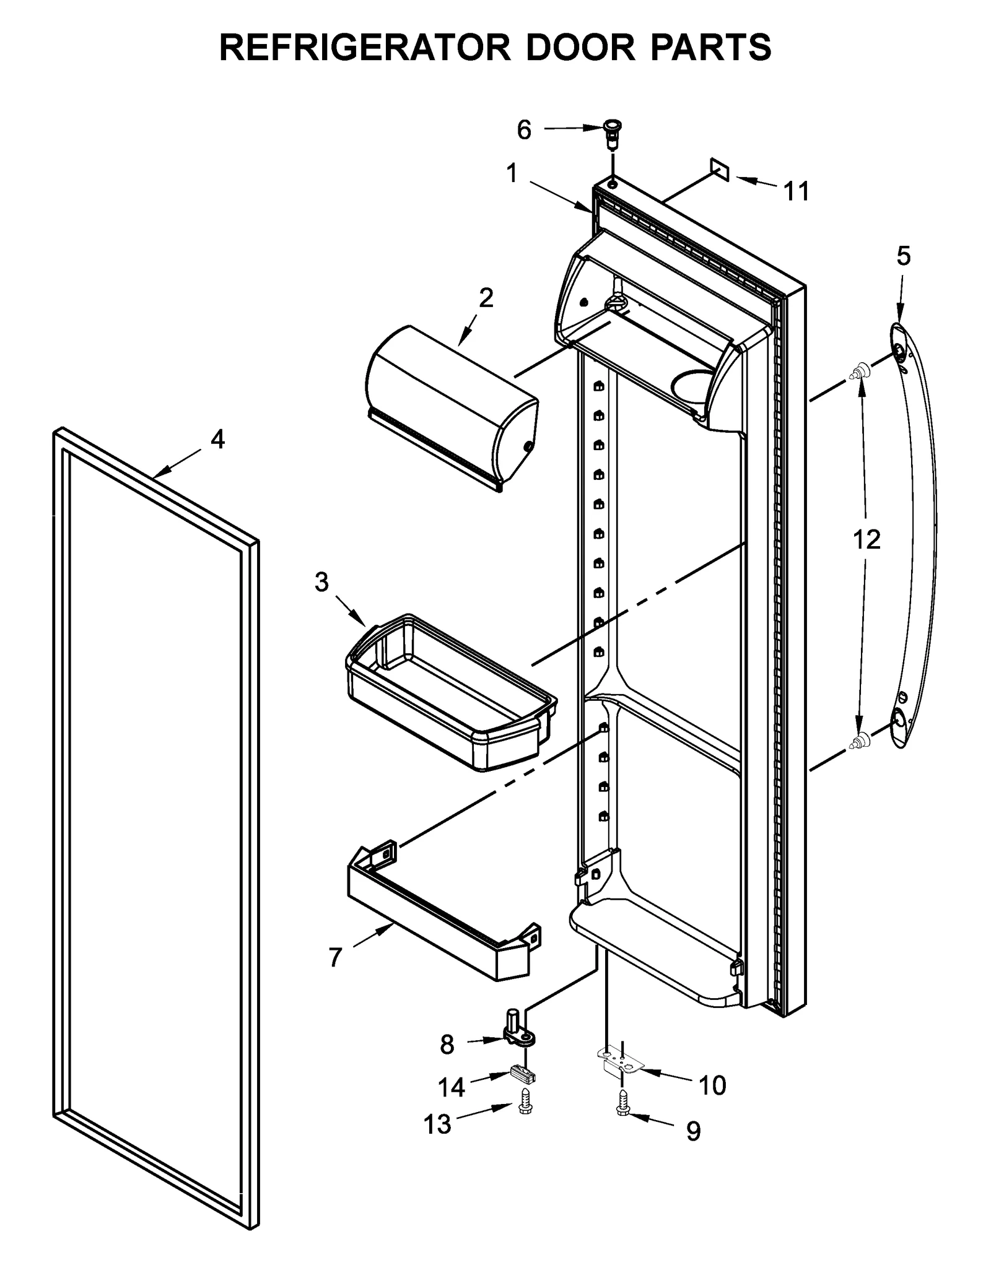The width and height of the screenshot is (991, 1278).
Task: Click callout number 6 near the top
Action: [524, 130]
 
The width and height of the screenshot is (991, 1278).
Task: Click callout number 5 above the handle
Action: [904, 256]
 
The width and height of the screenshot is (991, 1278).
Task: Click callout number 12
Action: [867, 540]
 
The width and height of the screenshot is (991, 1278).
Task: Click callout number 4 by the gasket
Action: [217, 439]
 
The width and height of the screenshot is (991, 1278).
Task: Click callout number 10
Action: [712, 1085]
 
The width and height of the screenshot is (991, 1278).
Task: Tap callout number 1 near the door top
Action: [512, 174]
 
